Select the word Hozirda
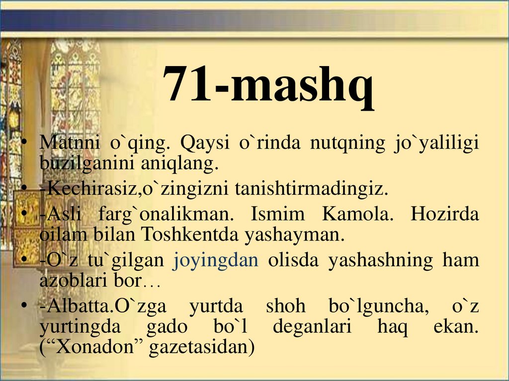[445, 215]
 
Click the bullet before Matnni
[23, 144]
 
